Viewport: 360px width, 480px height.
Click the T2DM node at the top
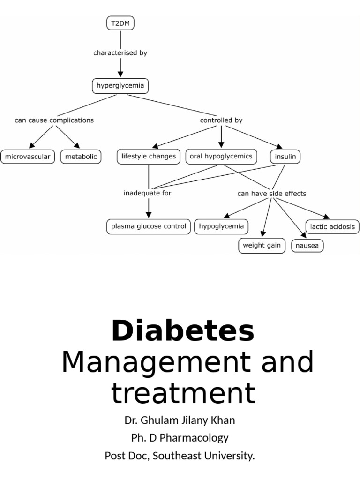coord(120,24)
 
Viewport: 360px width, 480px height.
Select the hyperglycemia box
coord(120,86)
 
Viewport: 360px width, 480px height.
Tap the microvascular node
coord(28,157)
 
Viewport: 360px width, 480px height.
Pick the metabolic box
coord(81,157)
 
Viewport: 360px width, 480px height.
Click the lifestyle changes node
coord(149,156)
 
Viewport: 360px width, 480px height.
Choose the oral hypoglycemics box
coord(221,156)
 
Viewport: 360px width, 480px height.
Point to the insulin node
coord(285,157)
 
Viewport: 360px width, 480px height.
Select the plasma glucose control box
coord(149,226)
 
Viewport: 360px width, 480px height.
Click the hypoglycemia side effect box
coord(221,226)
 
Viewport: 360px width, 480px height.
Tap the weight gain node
coord(262,246)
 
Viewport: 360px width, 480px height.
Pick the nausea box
coord(307,246)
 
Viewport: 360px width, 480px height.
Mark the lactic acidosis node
coord(332,227)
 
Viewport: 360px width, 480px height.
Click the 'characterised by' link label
coord(120,53)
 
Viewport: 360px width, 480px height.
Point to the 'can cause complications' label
coord(54,120)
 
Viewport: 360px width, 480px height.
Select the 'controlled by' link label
coord(221,120)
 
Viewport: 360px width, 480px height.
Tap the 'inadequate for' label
coord(147,193)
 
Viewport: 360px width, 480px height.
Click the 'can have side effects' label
coord(272,194)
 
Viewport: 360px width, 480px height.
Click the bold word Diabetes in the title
coord(183,331)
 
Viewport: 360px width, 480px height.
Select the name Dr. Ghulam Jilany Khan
coord(180,420)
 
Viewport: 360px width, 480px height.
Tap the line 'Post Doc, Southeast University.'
coord(180,456)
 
